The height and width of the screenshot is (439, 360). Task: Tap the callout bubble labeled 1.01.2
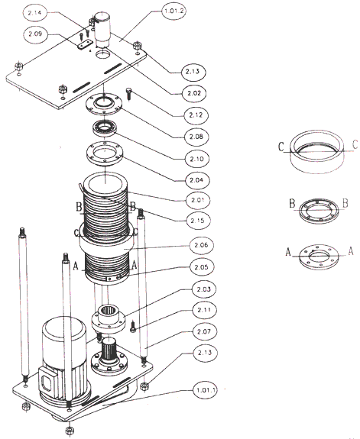pos(174,12)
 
